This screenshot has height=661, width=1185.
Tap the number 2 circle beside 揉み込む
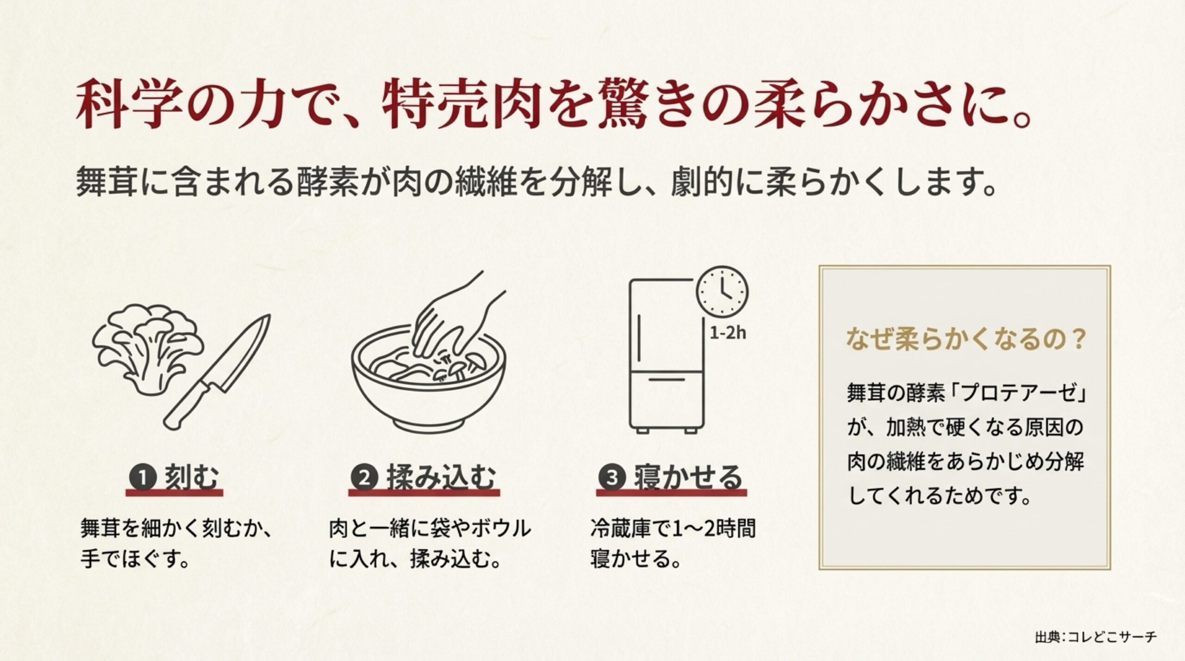(x=365, y=476)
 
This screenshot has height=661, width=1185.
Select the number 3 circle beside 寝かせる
(x=612, y=476)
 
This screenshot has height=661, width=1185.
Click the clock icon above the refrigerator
(x=722, y=291)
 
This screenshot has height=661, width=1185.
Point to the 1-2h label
(x=728, y=333)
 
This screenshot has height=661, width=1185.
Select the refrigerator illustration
(x=667, y=356)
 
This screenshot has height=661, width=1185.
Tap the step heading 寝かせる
(x=687, y=476)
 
